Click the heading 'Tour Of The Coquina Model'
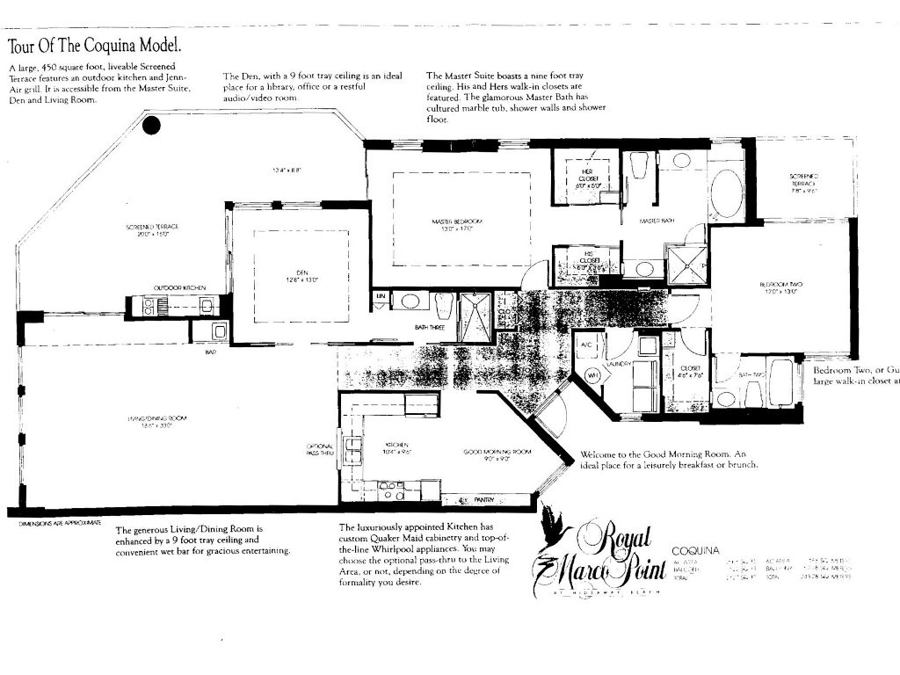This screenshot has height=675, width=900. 95,46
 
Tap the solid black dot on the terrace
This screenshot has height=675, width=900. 152,126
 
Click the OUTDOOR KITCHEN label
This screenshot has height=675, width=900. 179,287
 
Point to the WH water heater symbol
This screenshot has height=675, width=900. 592,374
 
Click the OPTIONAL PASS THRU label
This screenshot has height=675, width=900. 321,449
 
